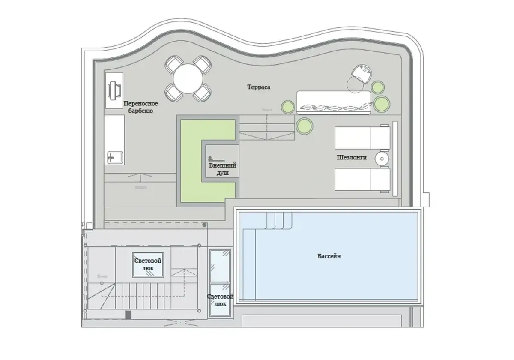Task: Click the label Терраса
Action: [259, 87]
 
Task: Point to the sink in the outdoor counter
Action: [115, 157]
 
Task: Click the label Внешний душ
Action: [222, 169]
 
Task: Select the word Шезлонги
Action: [352, 157]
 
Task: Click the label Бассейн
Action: [329, 256]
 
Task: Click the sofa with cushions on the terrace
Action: [333, 103]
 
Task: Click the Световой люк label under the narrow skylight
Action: [220, 300]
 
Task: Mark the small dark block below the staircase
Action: [128, 315]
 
